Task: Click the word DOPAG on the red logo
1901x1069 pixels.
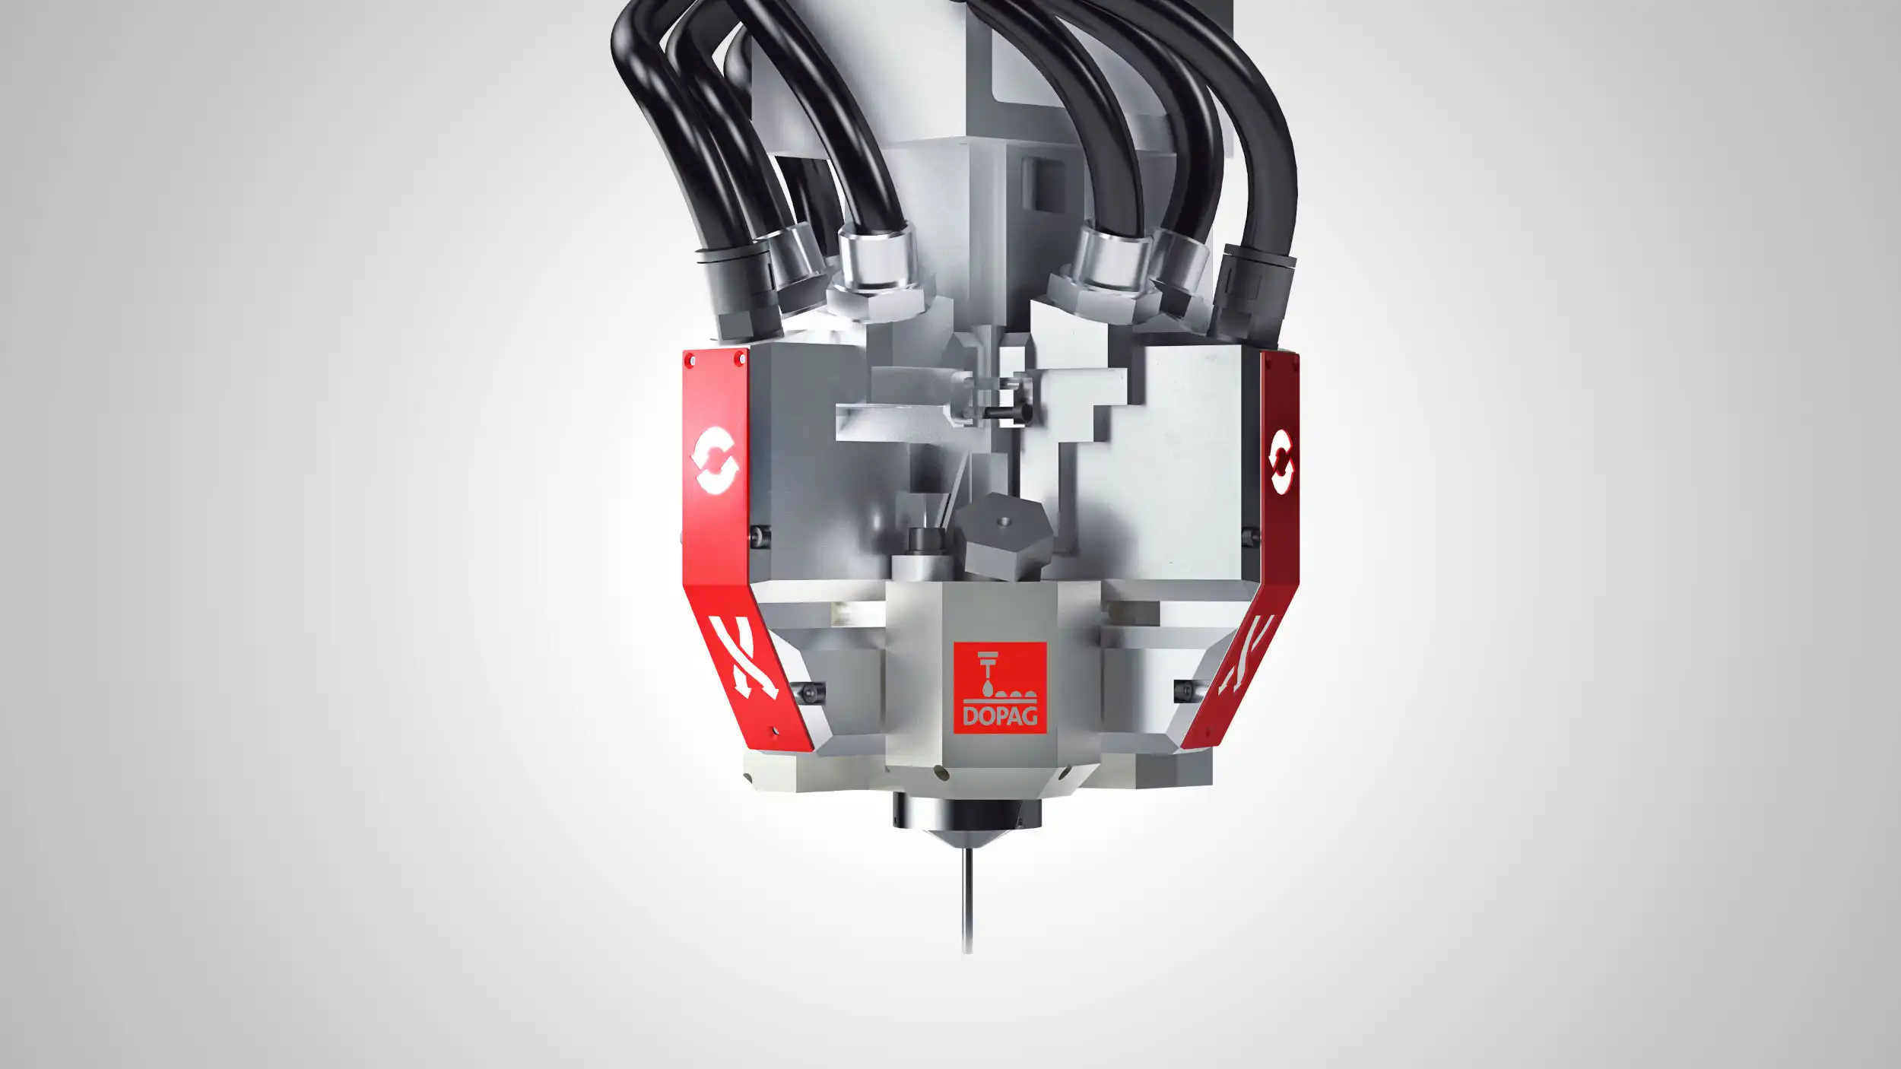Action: click(1000, 715)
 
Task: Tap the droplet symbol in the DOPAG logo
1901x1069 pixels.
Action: click(986, 687)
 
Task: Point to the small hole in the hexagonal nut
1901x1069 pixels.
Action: click(1003, 522)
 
